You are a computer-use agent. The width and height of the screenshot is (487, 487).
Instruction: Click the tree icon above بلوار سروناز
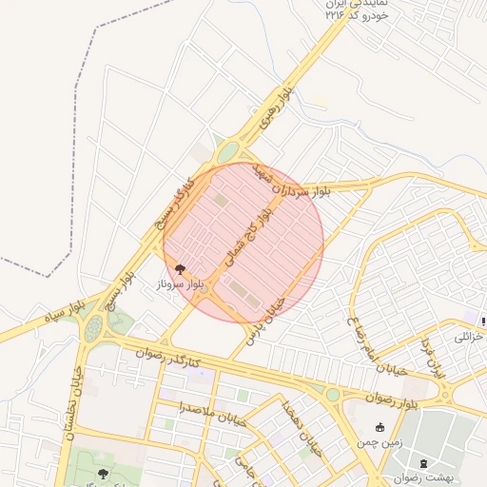(181, 269)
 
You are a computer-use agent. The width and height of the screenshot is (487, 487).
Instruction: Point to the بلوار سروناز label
(180, 284)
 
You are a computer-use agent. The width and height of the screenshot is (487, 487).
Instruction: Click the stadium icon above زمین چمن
(380, 427)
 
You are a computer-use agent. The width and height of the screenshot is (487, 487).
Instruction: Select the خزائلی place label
(470, 337)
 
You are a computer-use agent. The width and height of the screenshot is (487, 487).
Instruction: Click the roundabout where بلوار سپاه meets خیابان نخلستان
(93, 327)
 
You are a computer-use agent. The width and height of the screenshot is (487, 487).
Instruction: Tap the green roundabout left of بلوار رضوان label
(332, 394)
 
